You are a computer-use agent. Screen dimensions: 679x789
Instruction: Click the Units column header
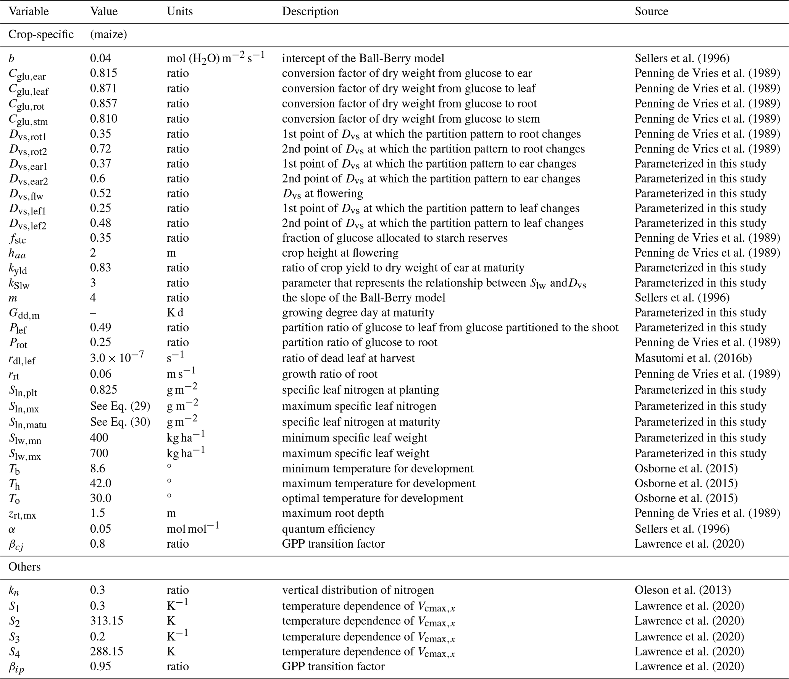point(179,11)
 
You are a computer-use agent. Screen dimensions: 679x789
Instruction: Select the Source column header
point(651,11)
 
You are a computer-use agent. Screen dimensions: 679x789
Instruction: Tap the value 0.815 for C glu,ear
point(103,73)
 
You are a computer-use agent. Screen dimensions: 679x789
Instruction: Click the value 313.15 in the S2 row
point(106,620)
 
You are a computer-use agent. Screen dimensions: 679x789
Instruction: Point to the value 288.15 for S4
point(106,651)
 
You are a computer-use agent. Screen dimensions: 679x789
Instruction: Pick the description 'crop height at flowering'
point(340,252)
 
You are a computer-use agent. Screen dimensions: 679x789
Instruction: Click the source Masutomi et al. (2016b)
point(693,358)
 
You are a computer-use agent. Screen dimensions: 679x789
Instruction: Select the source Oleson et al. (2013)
point(683,590)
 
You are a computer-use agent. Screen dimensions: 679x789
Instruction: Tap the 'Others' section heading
point(24,566)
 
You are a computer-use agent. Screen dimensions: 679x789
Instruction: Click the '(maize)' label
point(108,34)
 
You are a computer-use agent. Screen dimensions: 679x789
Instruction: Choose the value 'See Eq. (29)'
point(120,406)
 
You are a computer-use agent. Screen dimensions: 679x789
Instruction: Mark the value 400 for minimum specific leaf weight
point(99,437)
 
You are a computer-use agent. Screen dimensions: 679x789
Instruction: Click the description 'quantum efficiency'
point(328,529)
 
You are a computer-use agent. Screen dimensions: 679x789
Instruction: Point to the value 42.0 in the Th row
point(101,483)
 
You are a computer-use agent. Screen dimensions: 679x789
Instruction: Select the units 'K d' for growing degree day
point(175,312)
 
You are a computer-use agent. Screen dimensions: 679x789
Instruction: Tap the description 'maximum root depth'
point(333,513)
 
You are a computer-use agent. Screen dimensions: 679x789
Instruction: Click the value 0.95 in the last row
point(100,666)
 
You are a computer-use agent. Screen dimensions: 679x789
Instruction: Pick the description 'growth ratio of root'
point(329,373)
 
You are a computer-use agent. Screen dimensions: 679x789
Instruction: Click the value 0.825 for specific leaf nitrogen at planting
point(103,390)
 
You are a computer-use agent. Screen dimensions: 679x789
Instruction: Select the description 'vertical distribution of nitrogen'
point(358,590)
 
